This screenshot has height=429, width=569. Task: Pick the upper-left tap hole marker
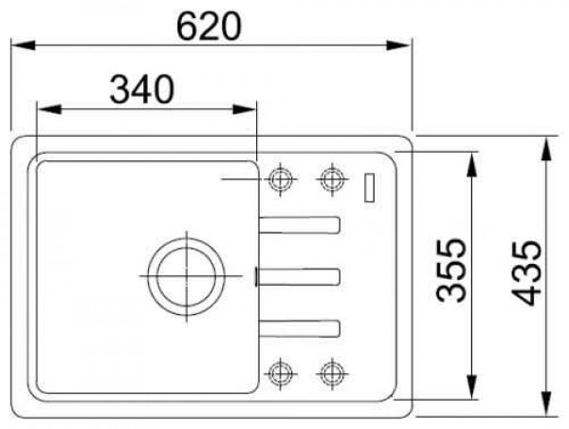[x=281, y=178]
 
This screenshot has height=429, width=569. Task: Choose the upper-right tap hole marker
[x=331, y=178]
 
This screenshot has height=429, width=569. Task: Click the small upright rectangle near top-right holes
[x=369, y=187]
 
